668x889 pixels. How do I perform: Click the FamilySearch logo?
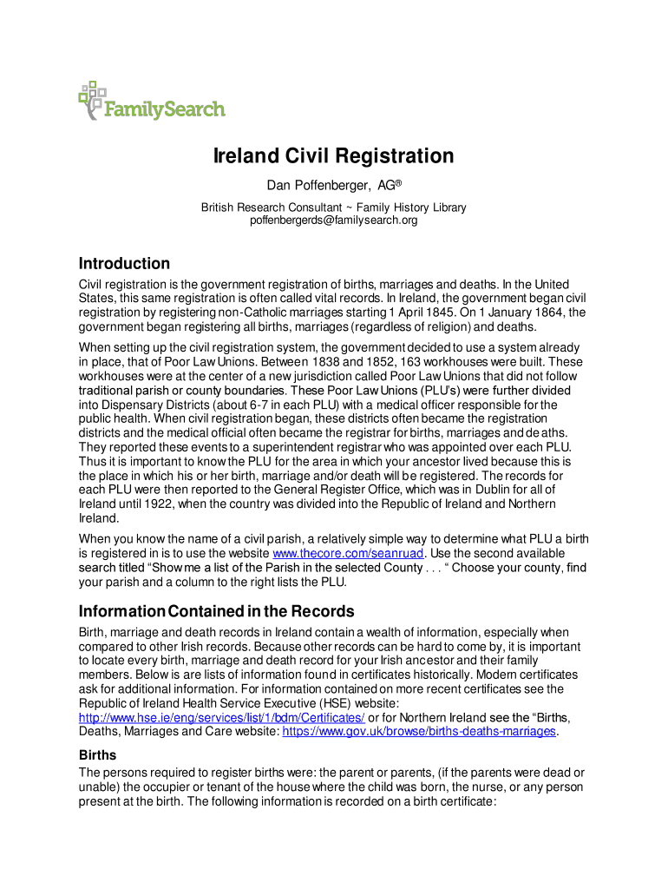coord(152,102)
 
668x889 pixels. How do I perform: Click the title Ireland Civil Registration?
coord(334,156)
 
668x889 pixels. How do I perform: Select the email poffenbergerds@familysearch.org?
coord(334,221)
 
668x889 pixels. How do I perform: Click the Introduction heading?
coord(124,263)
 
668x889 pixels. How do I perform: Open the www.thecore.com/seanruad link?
coord(348,553)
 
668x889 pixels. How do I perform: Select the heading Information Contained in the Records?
coord(216,610)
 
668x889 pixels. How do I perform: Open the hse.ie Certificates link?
coord(222,717)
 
